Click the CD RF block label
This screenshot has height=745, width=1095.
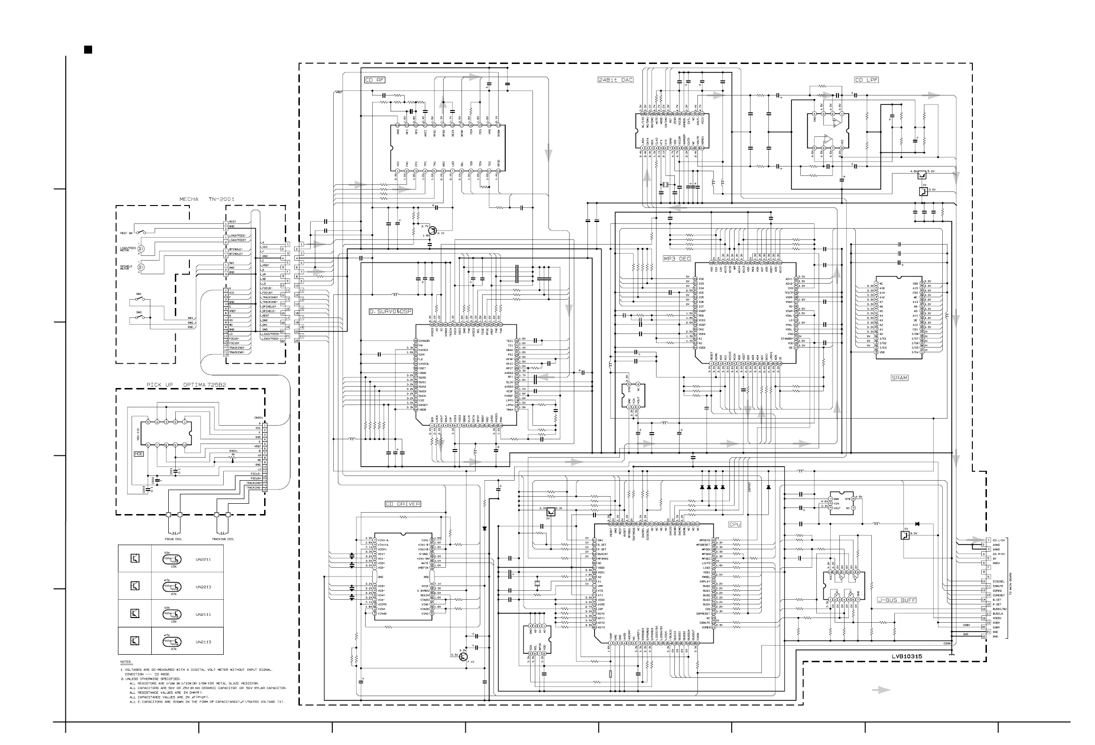(375, 80)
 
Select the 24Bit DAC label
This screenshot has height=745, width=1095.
(615, 80)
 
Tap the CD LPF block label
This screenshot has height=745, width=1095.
(867, 80)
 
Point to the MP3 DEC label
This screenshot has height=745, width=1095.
(677, 259)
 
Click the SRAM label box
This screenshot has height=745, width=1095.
(899, 378)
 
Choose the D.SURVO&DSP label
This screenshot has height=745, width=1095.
(391, 312)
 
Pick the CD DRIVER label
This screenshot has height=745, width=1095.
(402, 504)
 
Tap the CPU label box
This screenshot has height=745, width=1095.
(735, 524)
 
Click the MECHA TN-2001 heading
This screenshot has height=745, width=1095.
(206, 199)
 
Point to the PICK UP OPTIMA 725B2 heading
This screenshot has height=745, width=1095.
(186, 385)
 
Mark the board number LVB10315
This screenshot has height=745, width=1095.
(907, 657)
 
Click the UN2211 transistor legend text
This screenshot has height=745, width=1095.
(203, 560)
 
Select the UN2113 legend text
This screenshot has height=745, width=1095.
(203, 642)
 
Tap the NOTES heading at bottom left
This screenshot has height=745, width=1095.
(125, 662)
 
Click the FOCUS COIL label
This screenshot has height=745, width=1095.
(173, 539)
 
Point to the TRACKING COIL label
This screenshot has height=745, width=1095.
(222, 539)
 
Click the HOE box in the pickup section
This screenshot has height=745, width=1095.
(139, 453)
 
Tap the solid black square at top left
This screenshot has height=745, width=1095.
(87, 49)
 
